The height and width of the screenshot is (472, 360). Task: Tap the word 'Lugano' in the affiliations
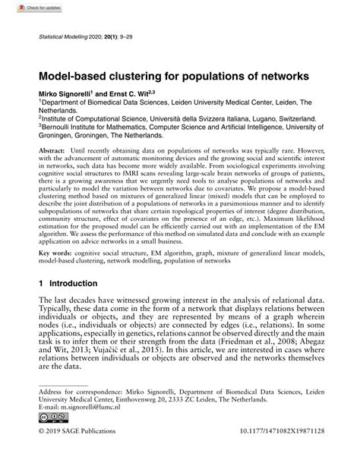252,118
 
